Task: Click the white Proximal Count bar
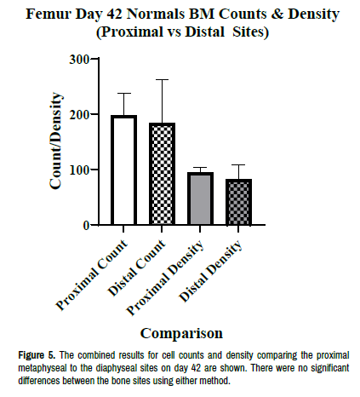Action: pos(123,170)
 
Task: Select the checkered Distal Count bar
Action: pos(162,174)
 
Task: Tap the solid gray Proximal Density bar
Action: pos(200,198)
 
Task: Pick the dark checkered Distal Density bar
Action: pos(238,202)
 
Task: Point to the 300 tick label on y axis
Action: pos(79,60)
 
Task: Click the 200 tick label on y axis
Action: pos(79,114)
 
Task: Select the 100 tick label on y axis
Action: pos(79,170)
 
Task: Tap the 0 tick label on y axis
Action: pos(86,226)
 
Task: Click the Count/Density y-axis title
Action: pos(55,141)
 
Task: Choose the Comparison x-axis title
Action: pos(181,333)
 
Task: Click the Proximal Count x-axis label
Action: pos(91,275)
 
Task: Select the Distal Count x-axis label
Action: pos(136,268)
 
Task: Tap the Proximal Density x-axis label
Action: pos(165,278)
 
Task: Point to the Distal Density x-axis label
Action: pos(210,271)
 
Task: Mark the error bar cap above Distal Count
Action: pos(162,80)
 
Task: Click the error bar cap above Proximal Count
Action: pos(123,93)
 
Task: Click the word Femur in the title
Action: pos(47,14)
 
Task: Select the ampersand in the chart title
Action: pos(277,14)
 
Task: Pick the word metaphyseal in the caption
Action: pos(43,368)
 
